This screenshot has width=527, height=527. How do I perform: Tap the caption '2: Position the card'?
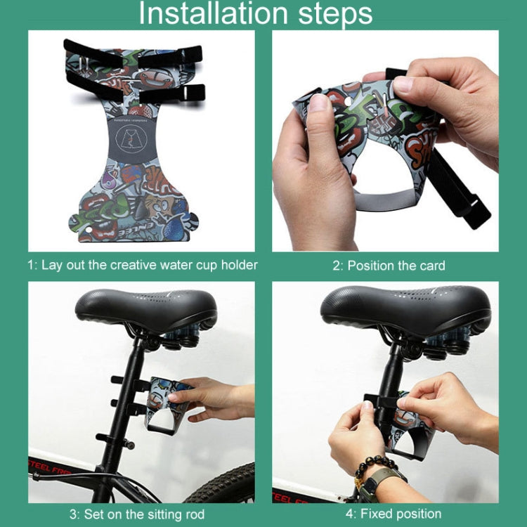pyautogui.click(x=389, y=266)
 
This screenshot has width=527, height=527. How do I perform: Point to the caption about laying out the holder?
pyautogui.click(x=143, y=266)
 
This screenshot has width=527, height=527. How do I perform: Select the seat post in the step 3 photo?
pyautogui.click(x=130, y=393)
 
